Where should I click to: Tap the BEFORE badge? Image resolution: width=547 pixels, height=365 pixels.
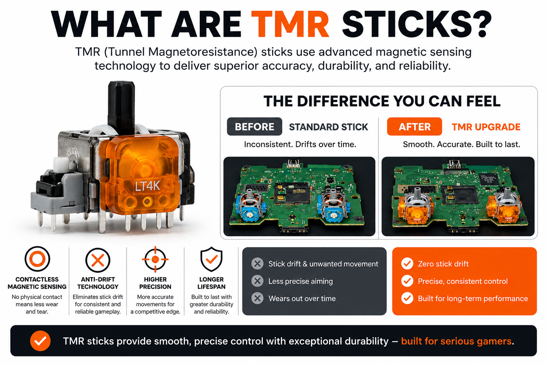point(255,127)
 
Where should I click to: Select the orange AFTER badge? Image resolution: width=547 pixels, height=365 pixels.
point(415,127)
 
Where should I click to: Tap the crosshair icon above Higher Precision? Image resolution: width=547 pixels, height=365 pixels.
point(155,259)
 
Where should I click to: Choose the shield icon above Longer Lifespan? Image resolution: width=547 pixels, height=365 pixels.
point(212,259)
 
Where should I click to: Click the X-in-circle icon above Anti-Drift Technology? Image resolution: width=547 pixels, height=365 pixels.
point(98,260)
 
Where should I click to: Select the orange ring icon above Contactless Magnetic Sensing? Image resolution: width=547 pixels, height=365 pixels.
point(37,259)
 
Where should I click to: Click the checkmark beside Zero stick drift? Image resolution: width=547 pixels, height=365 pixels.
point(407,264)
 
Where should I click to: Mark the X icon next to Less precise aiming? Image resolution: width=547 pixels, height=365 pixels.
point(257,281)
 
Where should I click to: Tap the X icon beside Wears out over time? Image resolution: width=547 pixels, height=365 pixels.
point(257,298)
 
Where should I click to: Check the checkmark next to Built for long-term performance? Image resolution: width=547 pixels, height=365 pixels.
point(407,298)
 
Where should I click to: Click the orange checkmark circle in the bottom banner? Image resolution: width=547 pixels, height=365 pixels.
point(40,341)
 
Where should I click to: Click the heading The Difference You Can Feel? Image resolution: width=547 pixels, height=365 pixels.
point(382,101)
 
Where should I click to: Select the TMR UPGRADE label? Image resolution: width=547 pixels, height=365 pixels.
point(486,127)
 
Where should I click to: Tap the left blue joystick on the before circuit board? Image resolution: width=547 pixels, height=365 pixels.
point(250,205)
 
